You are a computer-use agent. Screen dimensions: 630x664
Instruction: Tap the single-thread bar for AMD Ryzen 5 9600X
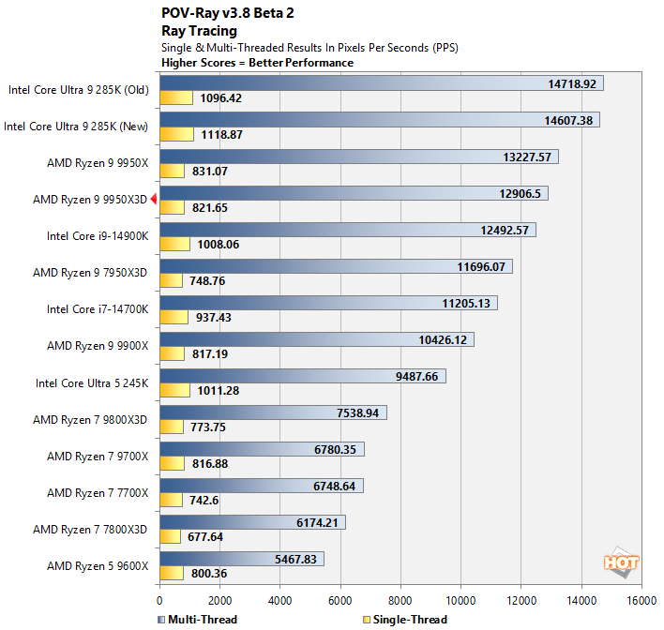click(172, 574)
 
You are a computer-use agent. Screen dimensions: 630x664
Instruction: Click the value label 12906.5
click(512, 193)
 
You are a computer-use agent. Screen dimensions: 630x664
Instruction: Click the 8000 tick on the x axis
click(400, 601)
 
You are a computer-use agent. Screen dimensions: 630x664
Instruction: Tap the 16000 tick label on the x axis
click(641, 601)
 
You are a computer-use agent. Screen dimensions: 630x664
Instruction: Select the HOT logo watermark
click(621, 562)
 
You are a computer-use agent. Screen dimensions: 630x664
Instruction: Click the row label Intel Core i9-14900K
click(98, 235)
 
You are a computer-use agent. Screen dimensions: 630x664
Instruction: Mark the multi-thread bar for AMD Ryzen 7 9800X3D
click(273, 412)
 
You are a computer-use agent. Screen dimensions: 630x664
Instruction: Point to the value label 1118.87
click(221, 134)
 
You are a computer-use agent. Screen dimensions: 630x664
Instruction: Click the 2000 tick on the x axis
click(219, 601)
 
